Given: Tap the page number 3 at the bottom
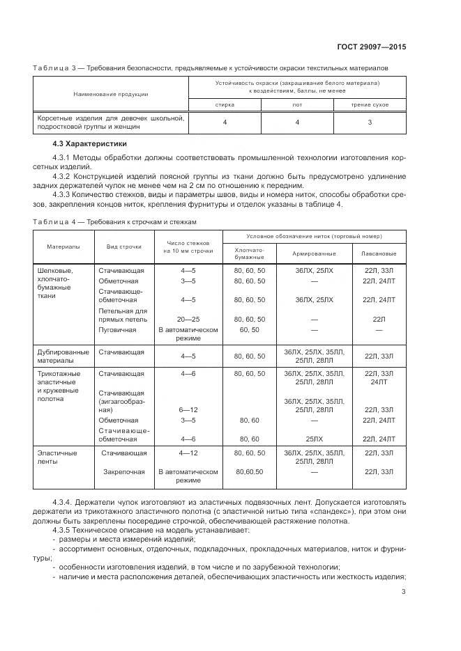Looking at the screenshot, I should (404, 593).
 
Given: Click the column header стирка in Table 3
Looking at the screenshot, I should (225, 104).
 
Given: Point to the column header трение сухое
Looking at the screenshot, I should (370, 104).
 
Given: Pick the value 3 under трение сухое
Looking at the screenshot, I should (370, 123).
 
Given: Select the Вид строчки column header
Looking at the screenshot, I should (124, 246).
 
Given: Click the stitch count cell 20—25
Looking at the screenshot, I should (188, 319).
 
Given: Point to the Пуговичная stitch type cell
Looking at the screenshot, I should (118, 329).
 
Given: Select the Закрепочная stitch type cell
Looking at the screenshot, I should (123, 471).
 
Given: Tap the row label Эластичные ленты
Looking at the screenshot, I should (56, 457).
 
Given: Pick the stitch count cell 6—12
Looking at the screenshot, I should (188, 410).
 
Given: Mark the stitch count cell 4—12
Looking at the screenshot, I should (188, 453).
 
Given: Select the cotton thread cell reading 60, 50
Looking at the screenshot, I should (249, 329).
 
